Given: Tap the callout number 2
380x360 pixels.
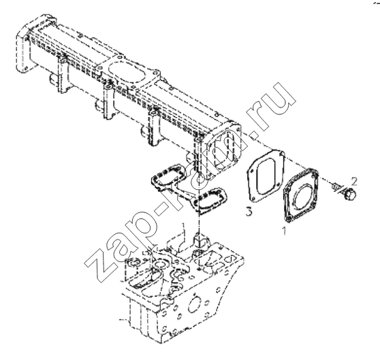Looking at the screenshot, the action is (354, 181).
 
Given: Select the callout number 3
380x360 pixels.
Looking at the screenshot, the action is (249, 212).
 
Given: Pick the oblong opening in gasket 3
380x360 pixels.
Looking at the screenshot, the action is (266, 177).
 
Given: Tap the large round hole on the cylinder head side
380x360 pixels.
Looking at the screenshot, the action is (194, 304).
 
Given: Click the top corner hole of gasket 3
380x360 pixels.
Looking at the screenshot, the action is (281, 153).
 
